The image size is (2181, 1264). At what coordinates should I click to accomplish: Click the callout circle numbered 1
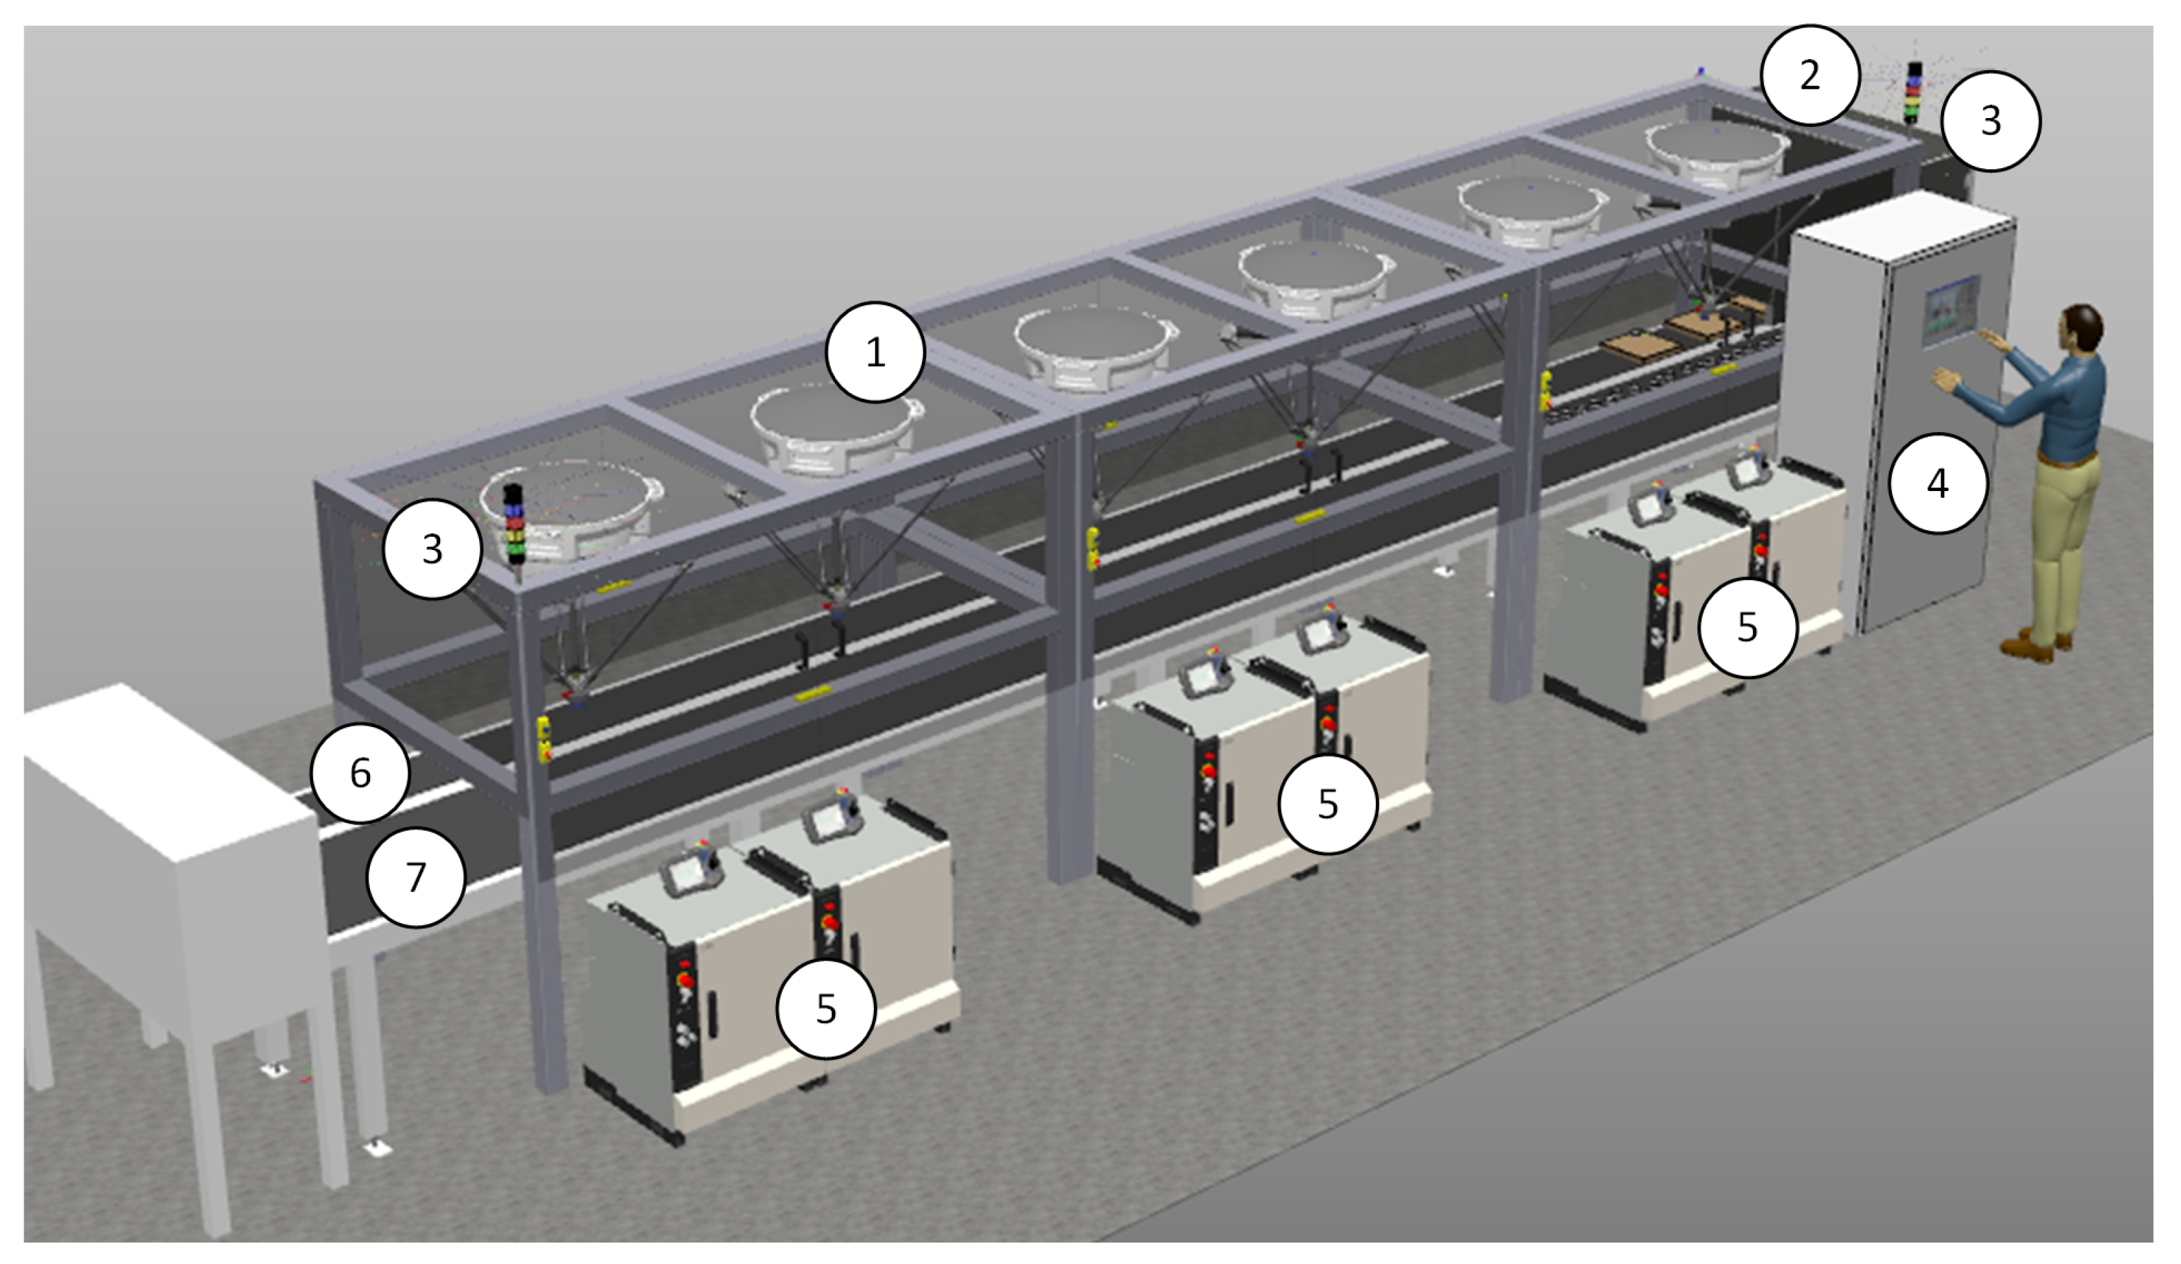click(x=875, y=351)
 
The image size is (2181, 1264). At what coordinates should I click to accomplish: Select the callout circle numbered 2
click(x=1809, y=75)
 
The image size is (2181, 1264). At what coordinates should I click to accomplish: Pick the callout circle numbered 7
click(x=416, y=877)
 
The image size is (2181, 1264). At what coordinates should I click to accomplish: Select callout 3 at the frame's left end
click(x=432, y=548)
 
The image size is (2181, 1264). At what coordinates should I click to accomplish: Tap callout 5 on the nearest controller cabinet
click(x=825, y=1008)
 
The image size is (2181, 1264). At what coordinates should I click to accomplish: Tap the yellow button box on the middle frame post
click(x=1093, y=549)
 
